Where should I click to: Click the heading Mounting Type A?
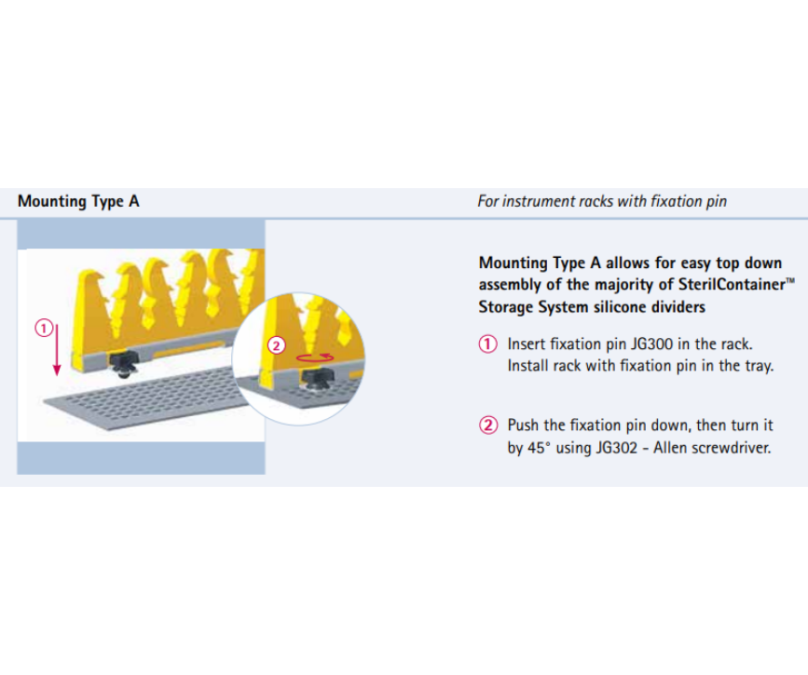pos(78,201)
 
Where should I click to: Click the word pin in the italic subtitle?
pos(717,201)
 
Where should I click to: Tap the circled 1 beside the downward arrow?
pos(44,328)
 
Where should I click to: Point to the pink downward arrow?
pos(57,349)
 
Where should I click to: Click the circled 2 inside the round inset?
pos(277,345)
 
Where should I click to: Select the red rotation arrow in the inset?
pos(315,358)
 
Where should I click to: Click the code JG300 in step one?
pos(651,344)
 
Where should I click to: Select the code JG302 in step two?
pos(617,448)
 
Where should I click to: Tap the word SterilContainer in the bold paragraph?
pos(732,284)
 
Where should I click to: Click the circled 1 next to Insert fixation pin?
pos(488,344)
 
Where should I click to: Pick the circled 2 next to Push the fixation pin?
pos(488,425)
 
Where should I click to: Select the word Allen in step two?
pos(670,448)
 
